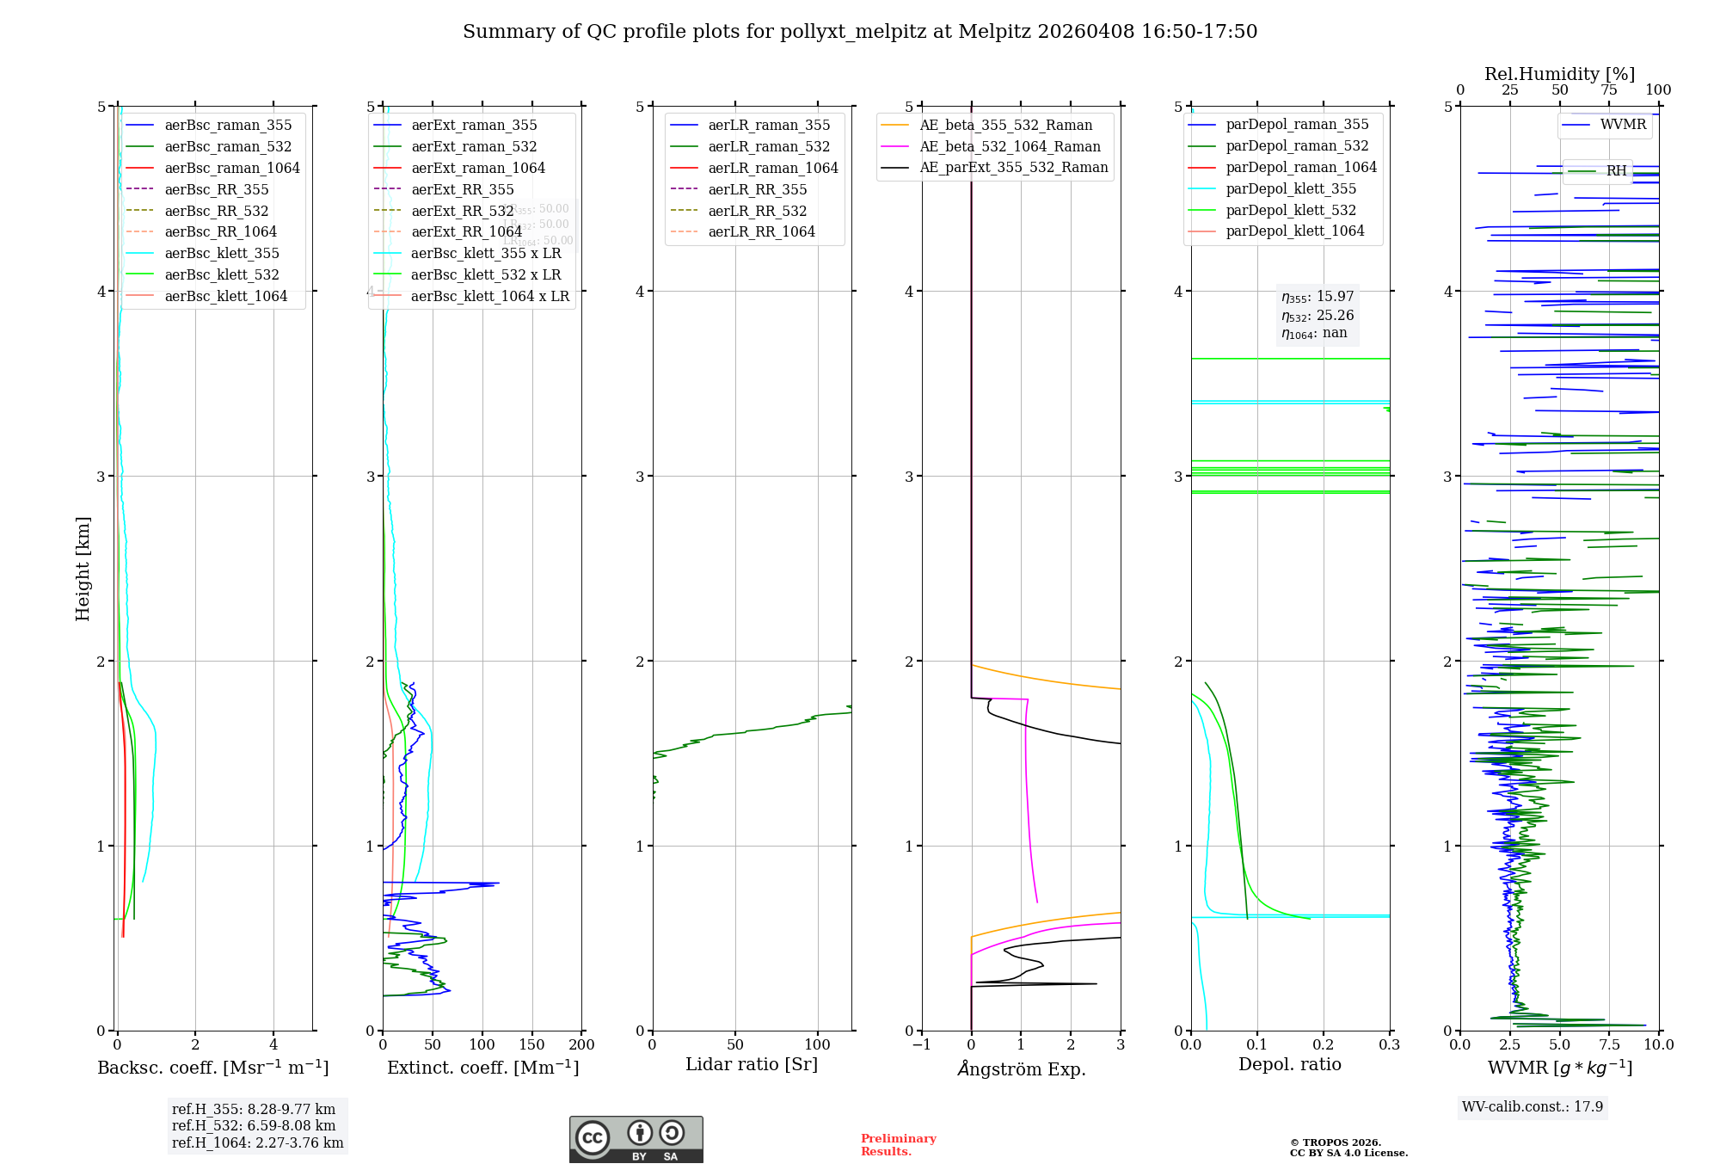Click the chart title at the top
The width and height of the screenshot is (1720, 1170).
(860, 32)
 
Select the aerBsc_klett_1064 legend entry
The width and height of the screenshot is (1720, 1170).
(225, 296)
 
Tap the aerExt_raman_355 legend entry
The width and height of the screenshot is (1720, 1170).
(474, 126)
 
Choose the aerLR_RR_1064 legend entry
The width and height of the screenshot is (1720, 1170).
(761, 232)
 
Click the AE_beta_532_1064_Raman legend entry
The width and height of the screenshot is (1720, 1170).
(1010, 146)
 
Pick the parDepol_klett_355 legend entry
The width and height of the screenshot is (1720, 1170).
(1290, 189)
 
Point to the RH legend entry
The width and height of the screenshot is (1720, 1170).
(1616, 171)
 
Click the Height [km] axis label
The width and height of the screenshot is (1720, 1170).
(83, 568)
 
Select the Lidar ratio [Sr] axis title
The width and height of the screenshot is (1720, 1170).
(751, 1064)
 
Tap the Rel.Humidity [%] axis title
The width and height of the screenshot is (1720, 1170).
(1559, 74)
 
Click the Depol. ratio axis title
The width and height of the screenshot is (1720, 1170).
(1289, 1064)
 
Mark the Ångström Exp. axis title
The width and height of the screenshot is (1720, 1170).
(1021, 1068)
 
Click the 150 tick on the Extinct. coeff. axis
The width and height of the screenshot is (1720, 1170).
(531, 1044)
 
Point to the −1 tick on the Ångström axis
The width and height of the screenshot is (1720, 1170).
(921, 1044)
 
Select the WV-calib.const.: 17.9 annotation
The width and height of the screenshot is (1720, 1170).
(1533, 1106)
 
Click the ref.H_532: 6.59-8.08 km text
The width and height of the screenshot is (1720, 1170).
(254, 1125)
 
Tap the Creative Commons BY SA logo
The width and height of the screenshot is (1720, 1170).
(636, 1139)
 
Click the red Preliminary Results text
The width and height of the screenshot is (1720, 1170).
(898, 1144)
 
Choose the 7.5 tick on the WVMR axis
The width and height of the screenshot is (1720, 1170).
(1609, 1044)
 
